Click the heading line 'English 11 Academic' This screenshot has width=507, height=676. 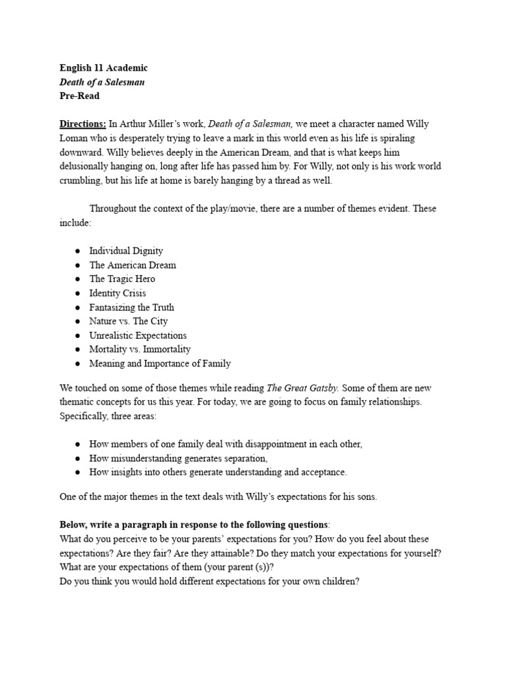click(104, 68)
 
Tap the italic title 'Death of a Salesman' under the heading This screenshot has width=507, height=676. click(102, 82)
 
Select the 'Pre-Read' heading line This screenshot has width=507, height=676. click(79, 96)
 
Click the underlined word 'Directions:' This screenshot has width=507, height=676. click(83, 123)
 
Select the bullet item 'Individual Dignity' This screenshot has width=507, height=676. click(126, 251)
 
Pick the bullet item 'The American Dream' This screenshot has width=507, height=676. click(133, 265)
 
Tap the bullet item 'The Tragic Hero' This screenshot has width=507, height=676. click(122, 279)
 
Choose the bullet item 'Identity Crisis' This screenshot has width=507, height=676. click(118, 293)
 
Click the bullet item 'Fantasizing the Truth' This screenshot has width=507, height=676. click(131, 307)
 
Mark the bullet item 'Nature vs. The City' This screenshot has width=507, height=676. click(129, 321)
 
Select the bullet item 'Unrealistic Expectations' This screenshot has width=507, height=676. click(138, 335)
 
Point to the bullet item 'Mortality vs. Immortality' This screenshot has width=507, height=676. click(140, 349)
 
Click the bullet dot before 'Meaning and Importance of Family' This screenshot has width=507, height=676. click(78, 364)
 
